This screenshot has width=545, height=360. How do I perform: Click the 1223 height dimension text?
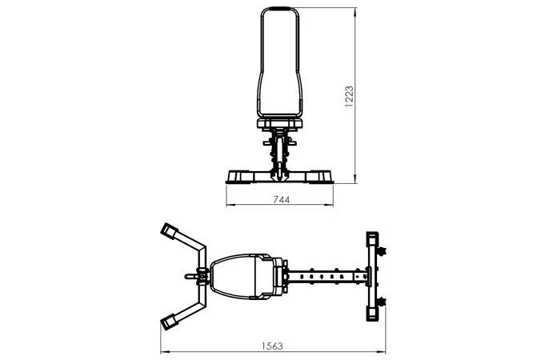349,97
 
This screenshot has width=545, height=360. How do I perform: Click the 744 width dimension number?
281,199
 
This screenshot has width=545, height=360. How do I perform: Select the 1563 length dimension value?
272,346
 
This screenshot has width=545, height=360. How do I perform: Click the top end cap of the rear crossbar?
372,238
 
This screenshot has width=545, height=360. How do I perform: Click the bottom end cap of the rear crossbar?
372,314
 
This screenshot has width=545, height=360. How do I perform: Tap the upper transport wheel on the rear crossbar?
382,251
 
